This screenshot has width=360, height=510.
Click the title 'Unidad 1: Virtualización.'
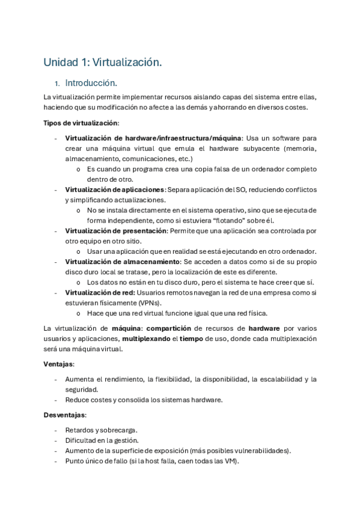103,62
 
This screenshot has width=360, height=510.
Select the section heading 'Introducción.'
91,83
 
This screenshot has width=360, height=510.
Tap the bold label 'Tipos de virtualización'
81,123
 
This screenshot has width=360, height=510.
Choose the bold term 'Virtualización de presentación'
115,231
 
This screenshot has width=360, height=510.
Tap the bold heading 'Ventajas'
58,364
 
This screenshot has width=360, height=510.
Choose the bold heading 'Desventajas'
64,415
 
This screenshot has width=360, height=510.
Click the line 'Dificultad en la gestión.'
102,440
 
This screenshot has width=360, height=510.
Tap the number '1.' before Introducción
56,84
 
